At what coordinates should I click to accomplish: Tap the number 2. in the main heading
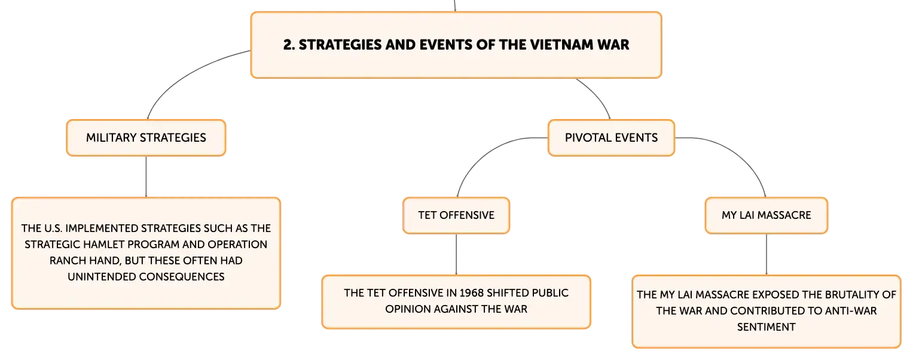[x=289, y=44]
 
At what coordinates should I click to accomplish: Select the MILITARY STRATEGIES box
[x=146, y=138]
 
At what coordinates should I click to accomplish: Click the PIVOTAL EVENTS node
[x=611, y=138]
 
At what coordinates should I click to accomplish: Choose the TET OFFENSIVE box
[x=456, y=215]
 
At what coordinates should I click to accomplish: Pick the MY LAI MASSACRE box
[x=767, y=215]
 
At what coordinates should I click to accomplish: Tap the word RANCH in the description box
[x=68, y=261]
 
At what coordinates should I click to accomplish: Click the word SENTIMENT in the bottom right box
[x=767, y=327]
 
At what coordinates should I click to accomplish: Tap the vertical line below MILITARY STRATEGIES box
[x=146, y=176]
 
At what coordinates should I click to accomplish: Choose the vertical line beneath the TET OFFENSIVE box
[x=456, y=254]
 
